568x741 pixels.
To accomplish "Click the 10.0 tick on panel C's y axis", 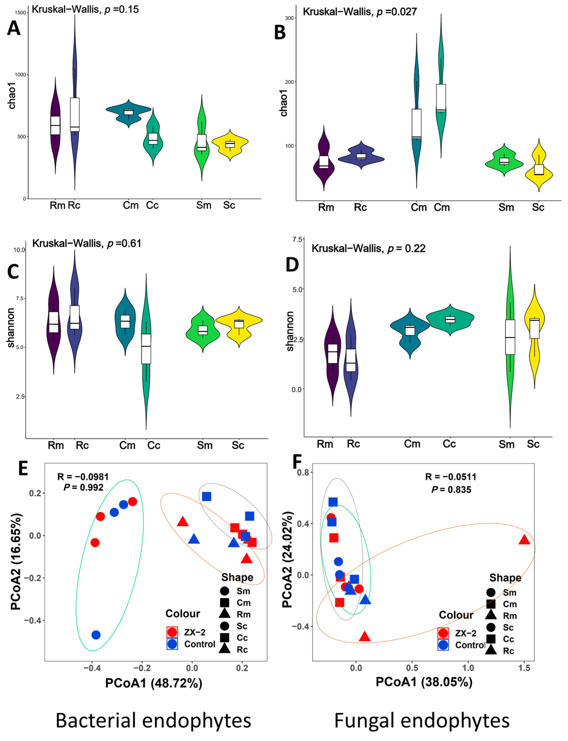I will point(19,250).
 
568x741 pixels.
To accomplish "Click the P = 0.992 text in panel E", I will point(83,487).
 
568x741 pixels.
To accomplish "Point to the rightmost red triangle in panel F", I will point(524,540).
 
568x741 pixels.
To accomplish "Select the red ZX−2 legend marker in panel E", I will point(172,632).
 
